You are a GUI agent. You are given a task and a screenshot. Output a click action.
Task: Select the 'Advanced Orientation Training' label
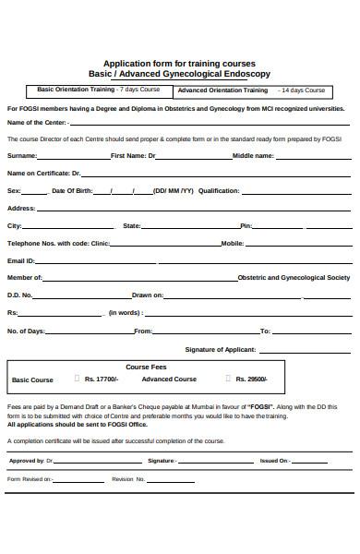(x=222, y=90)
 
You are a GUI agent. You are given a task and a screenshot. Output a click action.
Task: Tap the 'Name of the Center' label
(x=36, y=122)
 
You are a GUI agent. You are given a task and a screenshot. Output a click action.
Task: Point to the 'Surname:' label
(x=22, y=156)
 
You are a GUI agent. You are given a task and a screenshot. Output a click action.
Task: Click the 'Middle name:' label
(x=253, y=156)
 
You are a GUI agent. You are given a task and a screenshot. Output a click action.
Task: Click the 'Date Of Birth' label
(x=72, y=191)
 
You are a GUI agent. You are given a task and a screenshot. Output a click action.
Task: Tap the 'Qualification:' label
(x=219, y=191)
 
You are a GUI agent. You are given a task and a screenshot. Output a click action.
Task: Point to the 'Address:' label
(x=21, y=209)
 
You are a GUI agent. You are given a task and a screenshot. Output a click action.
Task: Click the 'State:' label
(x=132, y=225)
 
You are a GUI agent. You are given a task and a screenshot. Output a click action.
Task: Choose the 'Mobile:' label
(x=232, y=243)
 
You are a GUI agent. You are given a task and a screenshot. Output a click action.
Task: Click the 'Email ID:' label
(x=21, y=260)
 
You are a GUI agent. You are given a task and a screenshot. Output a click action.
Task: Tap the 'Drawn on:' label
(x=148, y=295)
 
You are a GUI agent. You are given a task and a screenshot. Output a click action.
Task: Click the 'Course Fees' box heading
(x=146, y=367)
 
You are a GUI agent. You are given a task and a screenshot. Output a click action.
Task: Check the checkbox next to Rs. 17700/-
(x=76, y=379)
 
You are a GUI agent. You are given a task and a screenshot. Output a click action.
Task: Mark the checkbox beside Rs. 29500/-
(x=227, y=379)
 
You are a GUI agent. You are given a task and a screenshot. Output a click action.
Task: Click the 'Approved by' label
(x=27, y=460)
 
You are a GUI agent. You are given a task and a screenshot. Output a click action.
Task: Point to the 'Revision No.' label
(x=128, y=479)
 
